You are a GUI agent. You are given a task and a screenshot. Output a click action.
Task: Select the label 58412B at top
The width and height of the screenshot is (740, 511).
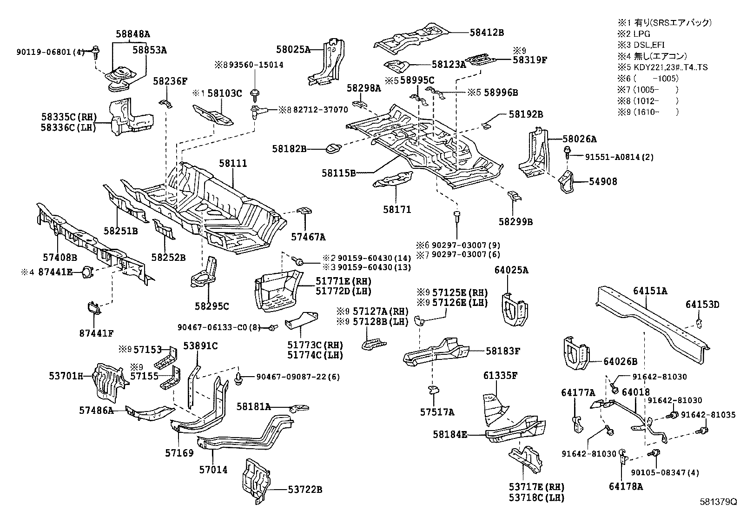(486, 33)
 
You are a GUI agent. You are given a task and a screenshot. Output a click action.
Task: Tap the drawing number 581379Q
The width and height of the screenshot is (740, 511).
(719, 502)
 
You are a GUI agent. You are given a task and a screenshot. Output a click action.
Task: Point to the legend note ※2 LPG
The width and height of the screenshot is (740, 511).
(634, 33)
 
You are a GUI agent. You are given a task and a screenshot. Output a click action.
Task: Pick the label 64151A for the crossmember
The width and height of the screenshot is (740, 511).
(650, 291)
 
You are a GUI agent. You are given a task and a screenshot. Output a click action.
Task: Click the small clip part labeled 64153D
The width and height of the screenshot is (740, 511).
(698, 322)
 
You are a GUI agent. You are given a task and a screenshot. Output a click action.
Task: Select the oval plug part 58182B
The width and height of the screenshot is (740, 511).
(333, 148)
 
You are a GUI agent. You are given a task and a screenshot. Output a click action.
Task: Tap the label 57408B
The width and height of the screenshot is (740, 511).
(60, 257)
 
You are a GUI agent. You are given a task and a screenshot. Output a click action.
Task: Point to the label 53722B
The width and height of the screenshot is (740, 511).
(304, 489)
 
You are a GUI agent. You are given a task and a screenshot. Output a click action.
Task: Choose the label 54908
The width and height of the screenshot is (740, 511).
(603, 182)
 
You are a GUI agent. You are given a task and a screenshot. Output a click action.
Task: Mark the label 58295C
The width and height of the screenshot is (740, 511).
(212, 306)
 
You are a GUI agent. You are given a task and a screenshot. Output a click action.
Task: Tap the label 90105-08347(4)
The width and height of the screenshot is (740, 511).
(665, 473)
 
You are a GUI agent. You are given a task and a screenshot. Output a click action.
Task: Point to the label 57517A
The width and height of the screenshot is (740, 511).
(437, 412)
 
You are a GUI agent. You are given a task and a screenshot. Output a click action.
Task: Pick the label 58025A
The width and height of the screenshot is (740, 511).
(293, 49)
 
